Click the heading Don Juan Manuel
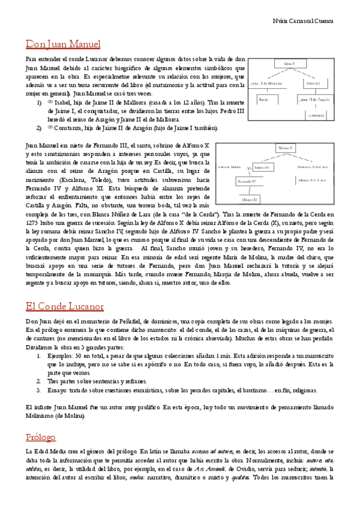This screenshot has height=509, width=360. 63,44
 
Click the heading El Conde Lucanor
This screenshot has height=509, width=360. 64,307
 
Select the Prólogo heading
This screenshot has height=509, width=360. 41,437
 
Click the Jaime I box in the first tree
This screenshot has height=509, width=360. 290,63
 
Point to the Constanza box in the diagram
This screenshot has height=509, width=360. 317,114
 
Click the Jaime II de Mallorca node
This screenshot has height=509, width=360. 264,82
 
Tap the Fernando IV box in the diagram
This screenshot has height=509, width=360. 247,181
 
